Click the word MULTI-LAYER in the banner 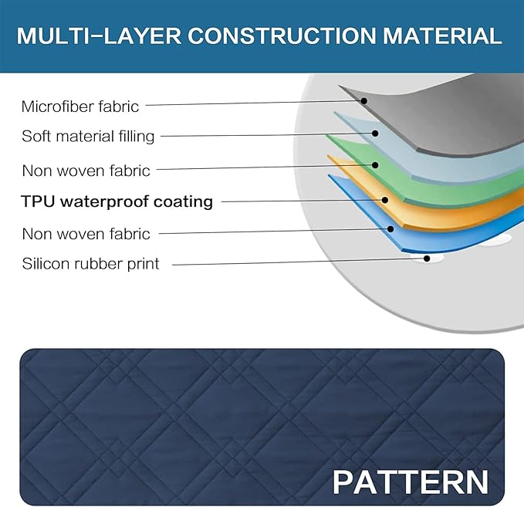(99, 35)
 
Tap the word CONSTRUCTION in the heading (282, 35)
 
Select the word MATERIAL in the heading (442, 35)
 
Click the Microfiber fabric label (79, 107)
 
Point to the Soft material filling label (88, 137)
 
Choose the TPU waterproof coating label (117, 201)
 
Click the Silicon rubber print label (90, 264)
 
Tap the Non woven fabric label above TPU (86, 171)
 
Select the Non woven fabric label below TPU (86, 234)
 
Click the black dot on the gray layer (364, 100)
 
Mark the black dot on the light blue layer (375, 134)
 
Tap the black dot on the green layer (375, 165)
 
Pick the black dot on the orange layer (384, 200)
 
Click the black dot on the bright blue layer (390, 229)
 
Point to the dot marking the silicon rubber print (427, 259)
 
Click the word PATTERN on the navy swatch (411, 482)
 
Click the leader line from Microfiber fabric (255, 103)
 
